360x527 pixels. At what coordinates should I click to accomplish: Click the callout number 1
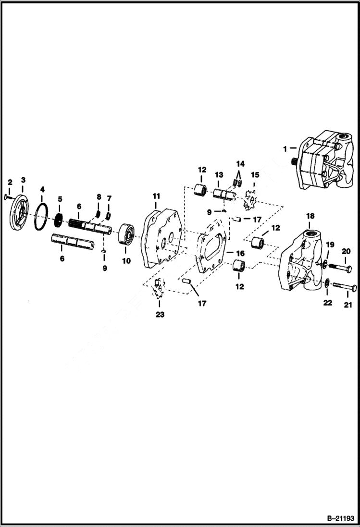(285, 148)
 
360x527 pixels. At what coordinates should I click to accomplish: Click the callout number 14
(240, 164)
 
